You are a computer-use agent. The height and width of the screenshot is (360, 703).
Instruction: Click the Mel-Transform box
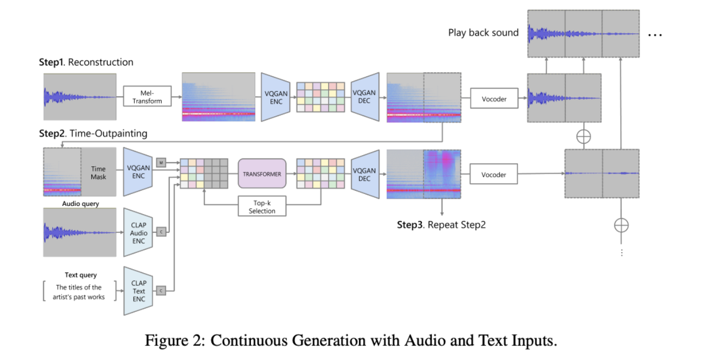pyautogui.click(x=147, y=96)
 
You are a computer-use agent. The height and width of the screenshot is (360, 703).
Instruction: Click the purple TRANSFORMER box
pyautogui.click(x=262, y=174)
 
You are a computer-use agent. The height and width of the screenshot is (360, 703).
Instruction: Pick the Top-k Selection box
pyautogui.click(x=262, y=207)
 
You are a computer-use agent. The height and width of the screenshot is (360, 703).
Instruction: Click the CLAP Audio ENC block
pyautogui.click(x=138, y=233)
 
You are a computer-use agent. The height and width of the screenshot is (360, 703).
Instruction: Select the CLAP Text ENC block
pyautogui.click(x=138, y=291)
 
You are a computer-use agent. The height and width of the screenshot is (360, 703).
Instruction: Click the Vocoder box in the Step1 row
pyautogui.click(x=494, y=99)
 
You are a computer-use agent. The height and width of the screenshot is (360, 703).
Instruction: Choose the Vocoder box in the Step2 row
pyautogui.click(x=494, y=175)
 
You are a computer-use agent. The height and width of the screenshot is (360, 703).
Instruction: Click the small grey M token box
pyautogui.click(x=161, y=162)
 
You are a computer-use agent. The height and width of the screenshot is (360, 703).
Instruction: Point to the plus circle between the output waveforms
pyautogui.click(x=583, y=136)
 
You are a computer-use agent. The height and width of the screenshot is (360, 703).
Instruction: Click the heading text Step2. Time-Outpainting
pyautogui.click(x=92, y=134)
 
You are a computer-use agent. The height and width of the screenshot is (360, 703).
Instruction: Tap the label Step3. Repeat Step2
pyautogui.click(x=441, y=225)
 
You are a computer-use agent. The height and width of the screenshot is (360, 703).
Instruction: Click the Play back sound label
pyautogui.click(x=483, y=33)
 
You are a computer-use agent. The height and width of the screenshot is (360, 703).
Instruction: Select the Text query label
pyautogui.click(x=81, y=275)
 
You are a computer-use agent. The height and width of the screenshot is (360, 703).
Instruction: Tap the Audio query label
pyautogui.click(x=81, y=204)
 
